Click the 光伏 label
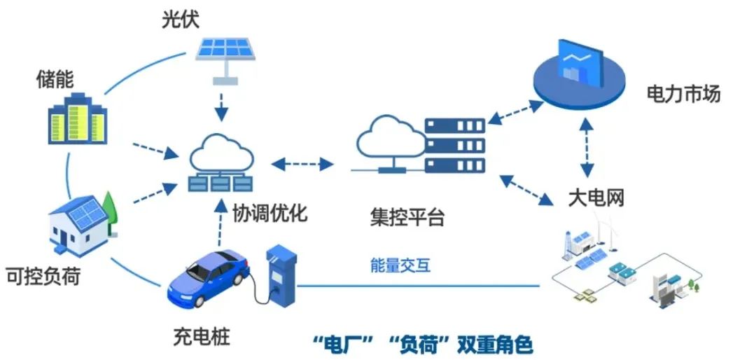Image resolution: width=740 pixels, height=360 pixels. [180, 18]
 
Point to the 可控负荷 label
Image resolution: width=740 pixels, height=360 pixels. [42, 275]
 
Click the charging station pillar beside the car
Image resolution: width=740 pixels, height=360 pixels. [281, 273]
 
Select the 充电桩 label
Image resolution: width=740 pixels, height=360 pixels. [201, 335]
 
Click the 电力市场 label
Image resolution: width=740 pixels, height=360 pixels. [683, 94]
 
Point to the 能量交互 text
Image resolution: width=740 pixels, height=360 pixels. [400, 265]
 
